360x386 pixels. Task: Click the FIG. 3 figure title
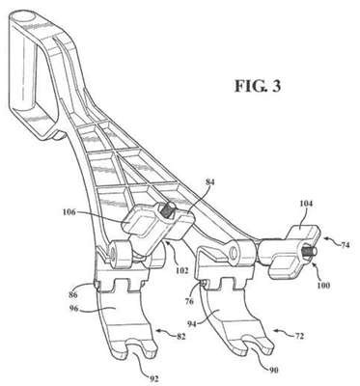[258, 86]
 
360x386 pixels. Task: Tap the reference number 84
[209, 182]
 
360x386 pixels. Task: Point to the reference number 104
[306, 204]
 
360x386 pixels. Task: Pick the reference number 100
[323, 285]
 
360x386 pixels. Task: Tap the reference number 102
[180, 270]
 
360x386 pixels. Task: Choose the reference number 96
[75, 308]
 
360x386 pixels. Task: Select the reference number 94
[193, 323]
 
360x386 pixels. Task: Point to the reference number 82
[180, 337]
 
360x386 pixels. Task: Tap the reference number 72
[298, 336]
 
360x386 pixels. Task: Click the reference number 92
[154, 378]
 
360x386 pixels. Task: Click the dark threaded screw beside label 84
[169, 210]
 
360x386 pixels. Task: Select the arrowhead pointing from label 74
[326, 238]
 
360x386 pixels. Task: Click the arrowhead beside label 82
[158, 330]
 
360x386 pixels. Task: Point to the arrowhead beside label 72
[276, 330]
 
